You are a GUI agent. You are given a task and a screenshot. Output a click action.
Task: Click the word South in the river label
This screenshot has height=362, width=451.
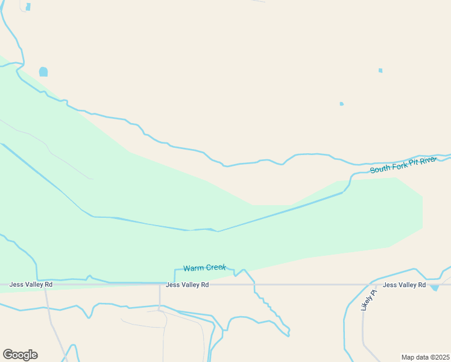[x=381, y=168]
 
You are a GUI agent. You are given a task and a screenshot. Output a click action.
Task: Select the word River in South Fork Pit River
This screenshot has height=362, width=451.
[x=430, y=160]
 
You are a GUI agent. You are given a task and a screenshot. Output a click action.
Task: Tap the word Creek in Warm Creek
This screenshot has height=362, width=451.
[x=216, y=267]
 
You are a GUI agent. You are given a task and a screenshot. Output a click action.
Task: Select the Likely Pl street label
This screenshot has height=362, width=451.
[x=368, y=300]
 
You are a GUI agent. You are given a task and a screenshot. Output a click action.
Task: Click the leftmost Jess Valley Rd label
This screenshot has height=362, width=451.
[x=31, y=284]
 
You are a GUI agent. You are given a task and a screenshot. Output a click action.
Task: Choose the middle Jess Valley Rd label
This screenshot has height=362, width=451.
[x=187, y=284]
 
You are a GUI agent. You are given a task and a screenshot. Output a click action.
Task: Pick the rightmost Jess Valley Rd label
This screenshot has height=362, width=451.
[x=404, y=285]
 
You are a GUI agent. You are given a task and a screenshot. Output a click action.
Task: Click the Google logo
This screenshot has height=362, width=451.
[x=20, y=355]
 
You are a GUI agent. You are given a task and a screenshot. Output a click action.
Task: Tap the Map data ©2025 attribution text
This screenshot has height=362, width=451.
[x=424, y=357]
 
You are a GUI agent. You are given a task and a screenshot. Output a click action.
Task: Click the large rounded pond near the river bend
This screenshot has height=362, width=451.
[x=43, y=72]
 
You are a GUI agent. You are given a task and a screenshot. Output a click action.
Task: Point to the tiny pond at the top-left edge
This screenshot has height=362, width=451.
[x=28, y=7]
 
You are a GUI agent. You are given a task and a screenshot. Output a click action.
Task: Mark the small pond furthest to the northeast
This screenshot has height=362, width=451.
[x=380, y=71]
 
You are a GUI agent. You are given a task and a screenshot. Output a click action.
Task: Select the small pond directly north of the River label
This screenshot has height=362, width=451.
[x=341, y=104]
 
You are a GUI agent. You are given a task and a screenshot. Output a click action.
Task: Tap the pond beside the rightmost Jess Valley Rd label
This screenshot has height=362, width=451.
[x=435, y=288]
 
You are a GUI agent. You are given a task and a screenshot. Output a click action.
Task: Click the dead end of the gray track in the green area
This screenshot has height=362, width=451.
[x=92, y=179]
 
